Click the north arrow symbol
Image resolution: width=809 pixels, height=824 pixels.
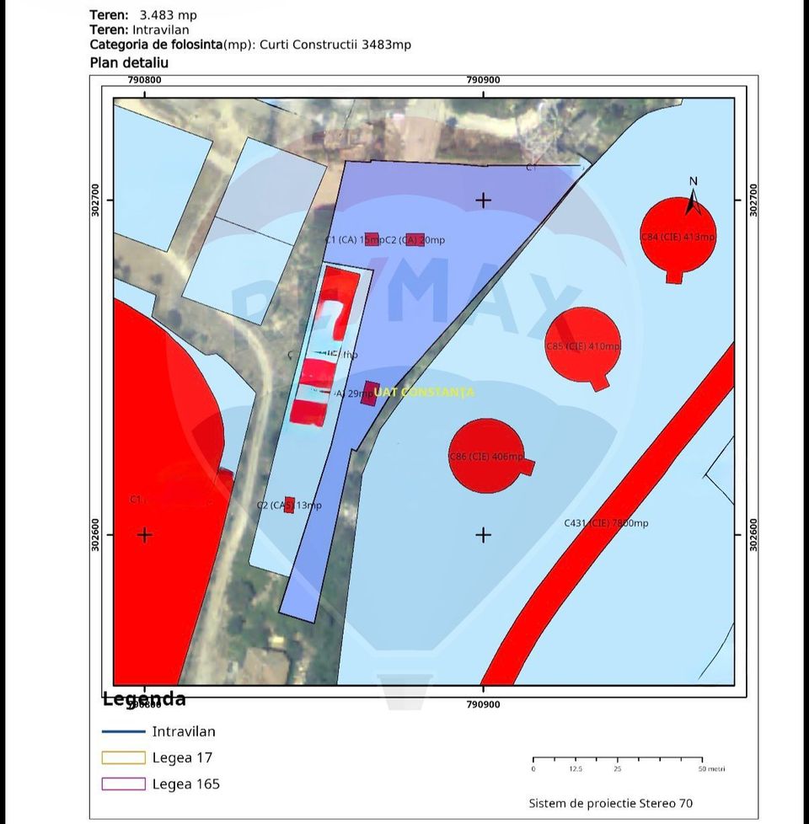[693, 201]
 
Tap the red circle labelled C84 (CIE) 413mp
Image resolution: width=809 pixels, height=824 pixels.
[678, 237]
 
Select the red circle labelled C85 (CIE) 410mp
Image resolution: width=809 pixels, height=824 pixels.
[582, 345]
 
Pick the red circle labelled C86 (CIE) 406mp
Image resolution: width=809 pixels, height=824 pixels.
[486, 456]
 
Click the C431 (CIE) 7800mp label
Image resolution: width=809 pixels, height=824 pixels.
[606, 523]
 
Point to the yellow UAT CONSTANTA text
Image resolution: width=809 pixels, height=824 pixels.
[424, 392]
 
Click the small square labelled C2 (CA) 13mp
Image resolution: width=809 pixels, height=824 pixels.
[289, 505]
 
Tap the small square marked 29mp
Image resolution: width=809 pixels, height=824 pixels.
[368, 393]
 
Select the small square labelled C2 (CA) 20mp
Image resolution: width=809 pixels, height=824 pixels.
[415, 239]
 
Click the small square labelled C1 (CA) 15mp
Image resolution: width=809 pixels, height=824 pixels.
[372, 239]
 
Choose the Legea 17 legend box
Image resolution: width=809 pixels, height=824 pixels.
[123, 757]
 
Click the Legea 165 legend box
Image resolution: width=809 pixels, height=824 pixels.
[123, 784]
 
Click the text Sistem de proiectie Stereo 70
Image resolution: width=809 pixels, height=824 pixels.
[611, 803]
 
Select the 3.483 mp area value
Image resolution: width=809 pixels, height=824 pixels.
[168, 15]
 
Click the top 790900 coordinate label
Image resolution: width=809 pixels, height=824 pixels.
[483, 80]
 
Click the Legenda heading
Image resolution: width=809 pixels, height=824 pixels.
[144, 699]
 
